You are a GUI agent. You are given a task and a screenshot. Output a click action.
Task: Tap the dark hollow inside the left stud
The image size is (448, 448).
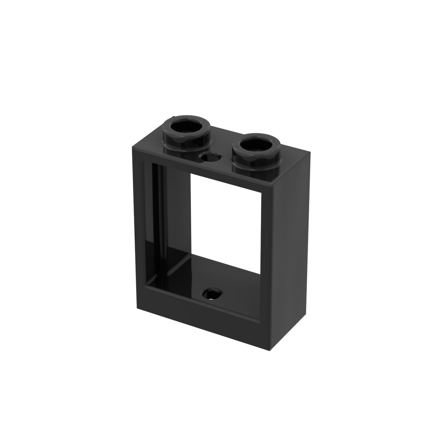point(188,128)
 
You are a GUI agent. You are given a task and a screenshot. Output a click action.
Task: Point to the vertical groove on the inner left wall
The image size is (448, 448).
point(161,221)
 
